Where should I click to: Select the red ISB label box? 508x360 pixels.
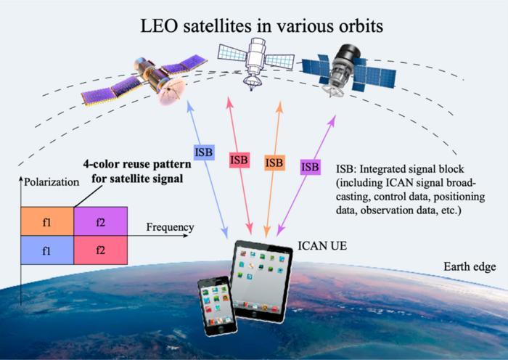(x=239, y=159)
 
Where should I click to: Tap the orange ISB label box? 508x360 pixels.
(x=274, y=163)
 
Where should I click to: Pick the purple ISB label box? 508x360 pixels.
(x=310, y=168)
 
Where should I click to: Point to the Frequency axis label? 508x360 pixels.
(x=170, y=228)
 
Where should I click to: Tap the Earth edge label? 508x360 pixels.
(x=470, y=267)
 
